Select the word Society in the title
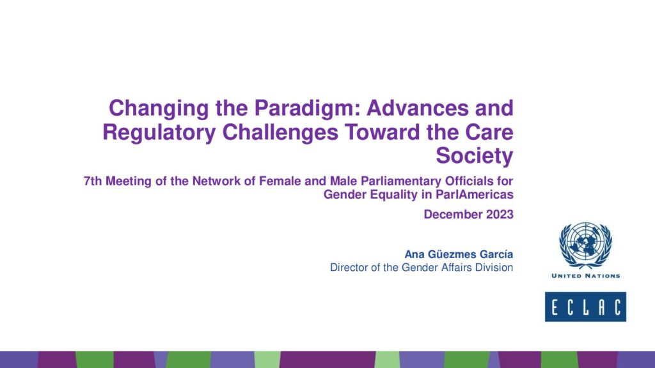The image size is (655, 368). [x=475, y=156]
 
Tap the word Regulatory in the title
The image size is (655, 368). [x=159, y=133]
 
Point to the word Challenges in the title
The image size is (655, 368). [x=280, y=133]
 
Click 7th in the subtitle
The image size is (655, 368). [x=93, y=181]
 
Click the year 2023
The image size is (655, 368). [x=500, y=215]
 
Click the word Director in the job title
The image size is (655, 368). [x=347, y=268]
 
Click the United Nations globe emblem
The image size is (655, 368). [x=586, y=245]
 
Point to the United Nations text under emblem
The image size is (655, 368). [x=586, y=276]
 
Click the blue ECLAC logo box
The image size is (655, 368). [x=586, y=307]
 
